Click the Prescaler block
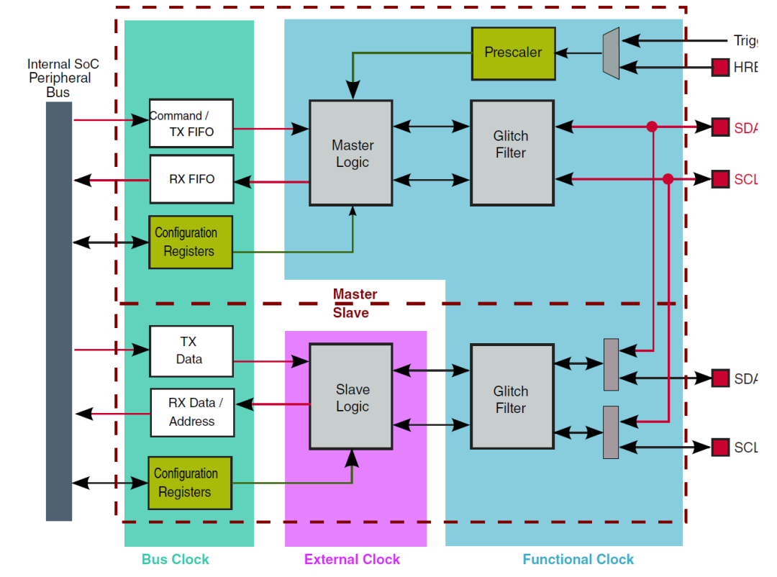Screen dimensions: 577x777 pyautogui.click(x=513, y=53)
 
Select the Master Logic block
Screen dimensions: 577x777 pyautogui.click(x=351, y=153)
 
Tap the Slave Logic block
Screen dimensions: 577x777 pyautogui.click(x=351, y=397)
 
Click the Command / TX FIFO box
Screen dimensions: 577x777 pyautogui.click(x=191, y=123)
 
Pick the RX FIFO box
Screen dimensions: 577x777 pyautogui.click(x=191, y=179)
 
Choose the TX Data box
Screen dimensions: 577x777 pyautogui.click(x=191, y=351)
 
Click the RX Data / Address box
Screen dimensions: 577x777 pyautogui.click(x=192, y=412)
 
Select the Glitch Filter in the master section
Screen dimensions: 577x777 pyautogui.click(x=512, y=153)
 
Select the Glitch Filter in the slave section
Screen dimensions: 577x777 pyautogui.click(x=512, y=399)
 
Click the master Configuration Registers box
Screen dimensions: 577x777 pyautogui.click(x=191, y=242)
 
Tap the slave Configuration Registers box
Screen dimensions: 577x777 pyautogui.click(x=190, y=483)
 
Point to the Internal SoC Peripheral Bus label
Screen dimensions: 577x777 pyautogui.click(x=63, y=78)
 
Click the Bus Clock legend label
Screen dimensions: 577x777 pyautogui.click(x=176, y=559)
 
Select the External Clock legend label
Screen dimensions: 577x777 pyautogui.click(x=352, y=559)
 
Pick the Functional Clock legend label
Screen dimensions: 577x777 pyautogui.click(x=578, y=559)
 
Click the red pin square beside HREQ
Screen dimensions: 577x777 pyautogui.click(x=720, y=68)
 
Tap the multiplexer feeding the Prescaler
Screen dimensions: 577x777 pyautogui.click(x=611, y=53)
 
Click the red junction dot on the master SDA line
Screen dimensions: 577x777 pyautogui.click(x=652, y=127)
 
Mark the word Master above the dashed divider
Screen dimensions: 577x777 pyautogui.click(x=355, y=294)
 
